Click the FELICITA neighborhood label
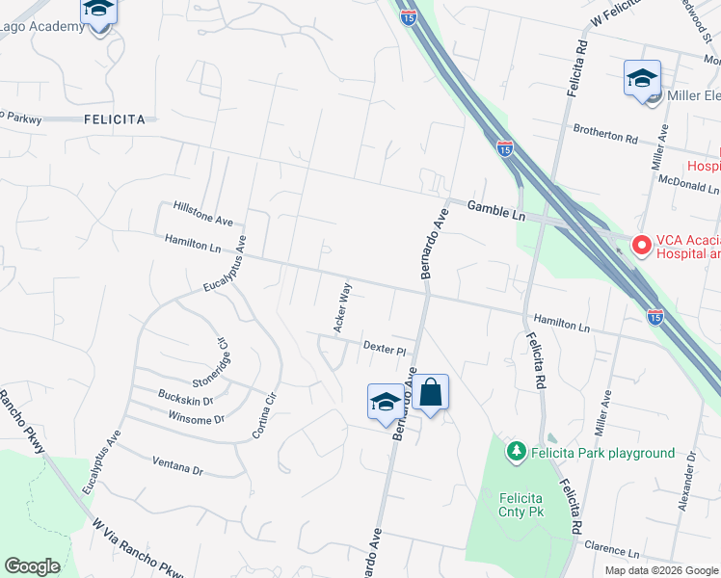point(115,119)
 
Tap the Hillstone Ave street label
point(203,213)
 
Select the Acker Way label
point(342,307)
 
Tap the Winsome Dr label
point(196,419)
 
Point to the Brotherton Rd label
point(605,136)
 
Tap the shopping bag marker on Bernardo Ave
point(431,393)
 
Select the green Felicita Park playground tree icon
point(517,451)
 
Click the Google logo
point(33,565)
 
